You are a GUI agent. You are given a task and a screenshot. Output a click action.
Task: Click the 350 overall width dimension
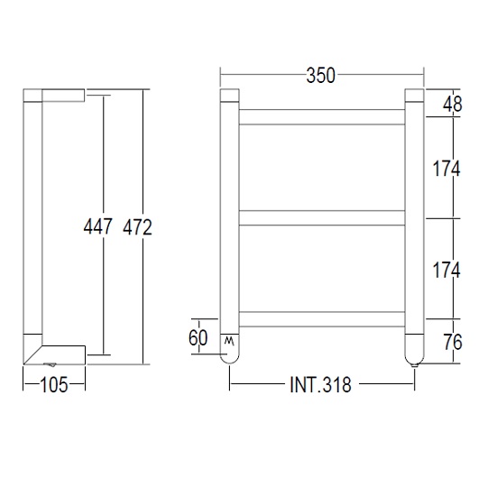pyautogui.click(x=320, y=76)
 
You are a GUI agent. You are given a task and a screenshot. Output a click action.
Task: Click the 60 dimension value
pyautogui.click(x=199, y=339)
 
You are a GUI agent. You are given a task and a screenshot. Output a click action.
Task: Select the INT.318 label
pyautogui.click(x=320, y=385)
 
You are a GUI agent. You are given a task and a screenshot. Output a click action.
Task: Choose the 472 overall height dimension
pyautogui.click(x=138, y=226)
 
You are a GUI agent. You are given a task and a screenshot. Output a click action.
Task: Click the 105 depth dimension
pyautogui.click(x=53, y=385)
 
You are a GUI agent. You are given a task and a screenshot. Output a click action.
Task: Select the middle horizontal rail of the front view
pyautogui.click(x=320, y=216)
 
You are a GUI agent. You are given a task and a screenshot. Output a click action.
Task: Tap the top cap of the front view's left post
pyautogui.click(x=228, y=95)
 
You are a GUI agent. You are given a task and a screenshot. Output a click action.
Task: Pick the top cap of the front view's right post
pyautogui.click(x=414, y=95)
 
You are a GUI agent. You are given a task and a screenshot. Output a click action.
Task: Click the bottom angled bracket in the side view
pyautogui.click(x=60, y=350)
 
